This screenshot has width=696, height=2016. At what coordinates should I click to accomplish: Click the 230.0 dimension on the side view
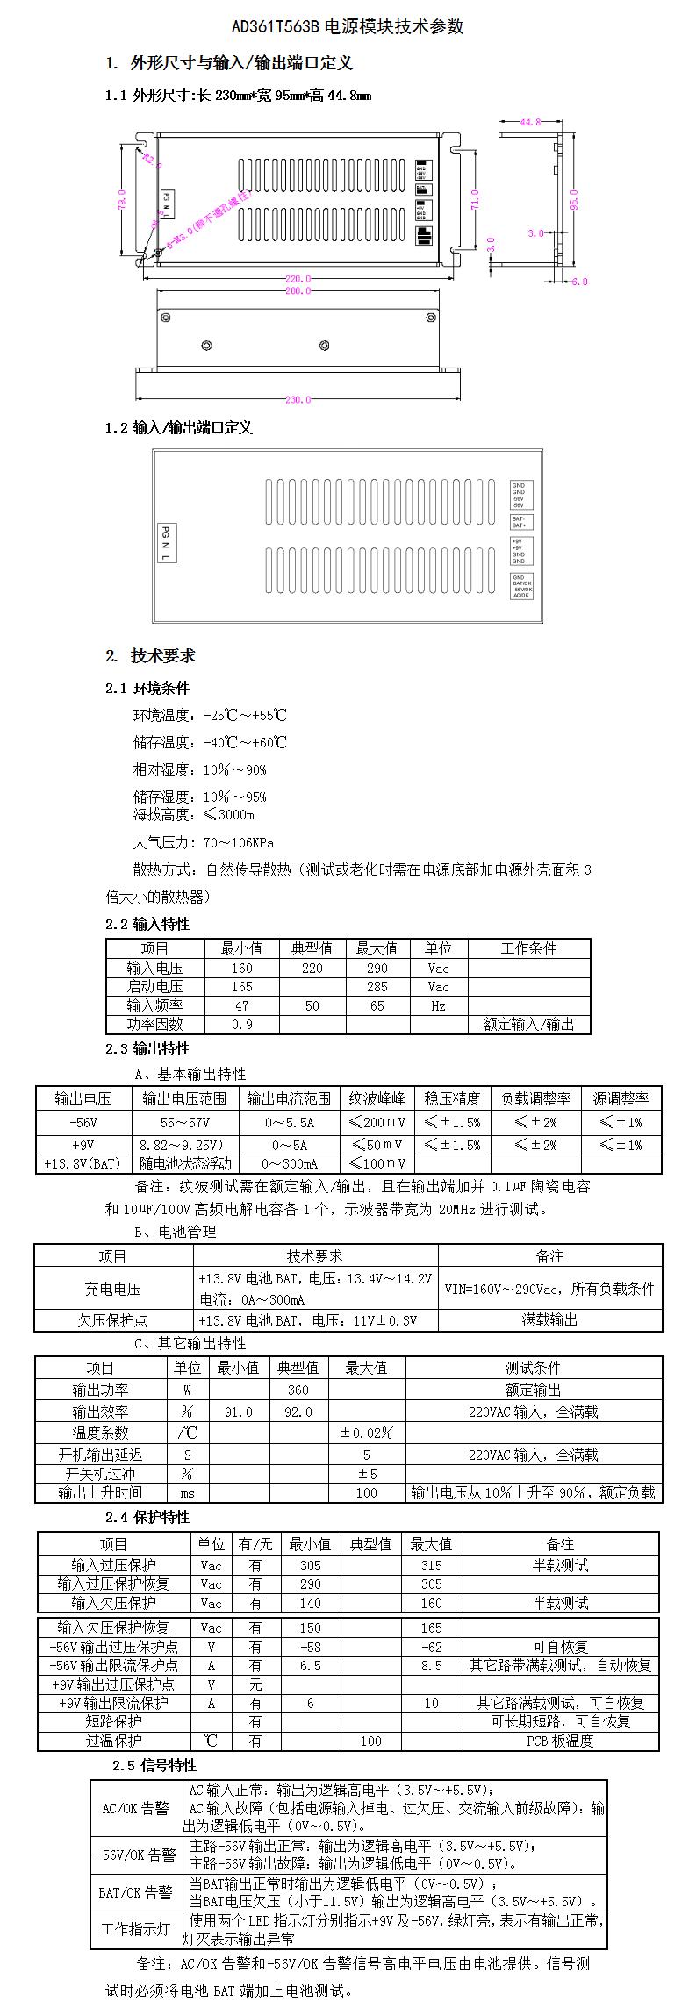(298, 400)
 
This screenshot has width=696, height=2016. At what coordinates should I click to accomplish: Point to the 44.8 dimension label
(530, 123)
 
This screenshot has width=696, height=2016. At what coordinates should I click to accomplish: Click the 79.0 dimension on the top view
(122, 199)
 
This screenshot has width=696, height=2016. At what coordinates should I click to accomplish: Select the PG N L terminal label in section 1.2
(166, 543)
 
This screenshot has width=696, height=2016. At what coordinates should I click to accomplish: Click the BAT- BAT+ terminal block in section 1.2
(520, 522)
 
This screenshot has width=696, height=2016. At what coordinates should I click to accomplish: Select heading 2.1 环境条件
(147, 688)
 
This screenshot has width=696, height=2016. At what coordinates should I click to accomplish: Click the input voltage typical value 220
(312, 969)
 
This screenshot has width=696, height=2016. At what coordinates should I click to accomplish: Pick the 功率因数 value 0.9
(241, 1024)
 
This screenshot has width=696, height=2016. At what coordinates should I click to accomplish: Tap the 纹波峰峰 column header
(377, 1098)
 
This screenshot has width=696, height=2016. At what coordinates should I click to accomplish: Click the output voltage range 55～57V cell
(185, 1122)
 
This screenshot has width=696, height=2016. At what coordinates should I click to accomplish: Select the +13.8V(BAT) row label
(83, 1163)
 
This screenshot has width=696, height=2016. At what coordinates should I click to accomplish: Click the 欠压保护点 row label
(112, 1320)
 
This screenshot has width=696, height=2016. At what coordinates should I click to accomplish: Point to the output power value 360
(298, 1390)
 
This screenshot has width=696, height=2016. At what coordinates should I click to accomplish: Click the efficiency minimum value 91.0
(239, 1412)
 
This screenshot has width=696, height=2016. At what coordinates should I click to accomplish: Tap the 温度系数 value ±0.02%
(366, 1433)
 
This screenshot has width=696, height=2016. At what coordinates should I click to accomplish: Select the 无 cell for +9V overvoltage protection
(255, 1684)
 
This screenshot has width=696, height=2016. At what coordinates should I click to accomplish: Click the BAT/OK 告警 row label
(136, 1892)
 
